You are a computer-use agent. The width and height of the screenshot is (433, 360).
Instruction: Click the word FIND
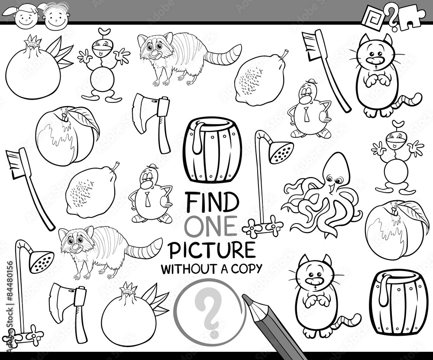pos(212,201)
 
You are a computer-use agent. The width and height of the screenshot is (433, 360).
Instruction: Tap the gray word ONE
pos(211,226)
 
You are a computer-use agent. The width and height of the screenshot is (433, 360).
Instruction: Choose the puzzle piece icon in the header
pos(415,17)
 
